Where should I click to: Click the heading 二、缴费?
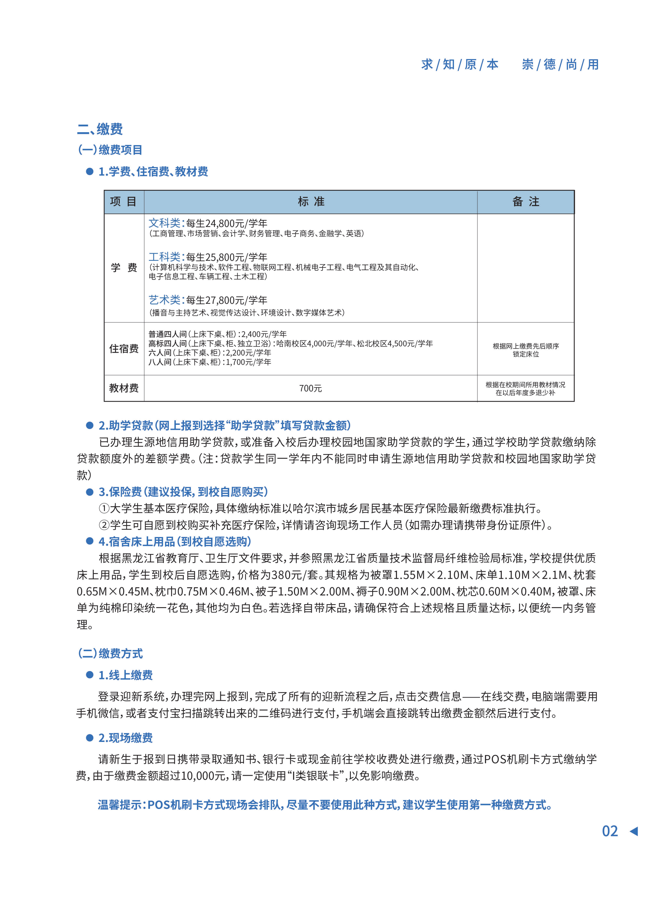coord(100,129)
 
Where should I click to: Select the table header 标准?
coord(311,202)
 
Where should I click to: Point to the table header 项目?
coord(124,202)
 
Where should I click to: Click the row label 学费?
coord(124,267)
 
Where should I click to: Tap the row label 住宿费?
coord(124,349)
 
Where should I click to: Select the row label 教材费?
coord(124,388)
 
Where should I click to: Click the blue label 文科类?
coord(165,223)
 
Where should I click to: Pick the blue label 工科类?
coord(165,257)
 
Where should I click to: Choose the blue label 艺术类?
coord(165,300)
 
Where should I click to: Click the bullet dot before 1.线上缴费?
coord(90,675)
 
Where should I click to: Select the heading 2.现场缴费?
coord(125,738)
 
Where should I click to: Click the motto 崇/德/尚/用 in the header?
coord(560,65)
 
